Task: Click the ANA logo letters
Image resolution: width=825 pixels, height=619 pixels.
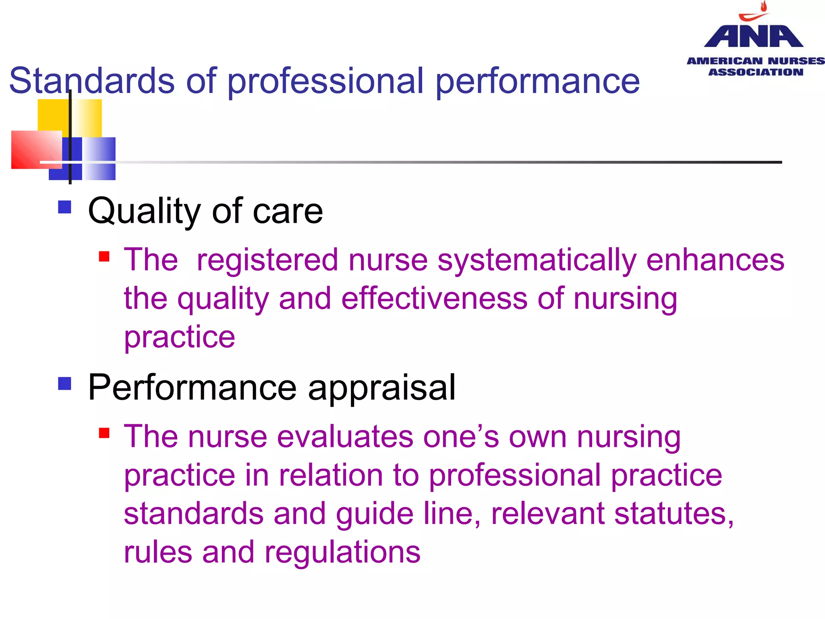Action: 753,37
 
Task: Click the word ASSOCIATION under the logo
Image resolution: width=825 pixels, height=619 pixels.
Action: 756,72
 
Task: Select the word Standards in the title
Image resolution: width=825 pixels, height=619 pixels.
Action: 92,81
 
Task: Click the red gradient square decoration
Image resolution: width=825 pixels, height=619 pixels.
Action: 36,149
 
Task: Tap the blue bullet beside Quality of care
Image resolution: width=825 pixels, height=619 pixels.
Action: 64,207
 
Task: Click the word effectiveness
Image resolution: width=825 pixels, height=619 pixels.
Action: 434,299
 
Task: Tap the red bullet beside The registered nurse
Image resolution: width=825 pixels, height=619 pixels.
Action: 104,256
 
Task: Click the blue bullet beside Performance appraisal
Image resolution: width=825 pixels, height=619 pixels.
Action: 64,383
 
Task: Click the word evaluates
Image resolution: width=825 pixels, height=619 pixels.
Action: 345,437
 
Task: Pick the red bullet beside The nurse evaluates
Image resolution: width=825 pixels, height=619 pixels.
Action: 104,433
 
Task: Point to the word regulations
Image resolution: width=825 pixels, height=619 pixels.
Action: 342,553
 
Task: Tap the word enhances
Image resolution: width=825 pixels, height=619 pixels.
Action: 715,260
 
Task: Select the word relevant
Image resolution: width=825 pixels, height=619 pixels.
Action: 548,514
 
